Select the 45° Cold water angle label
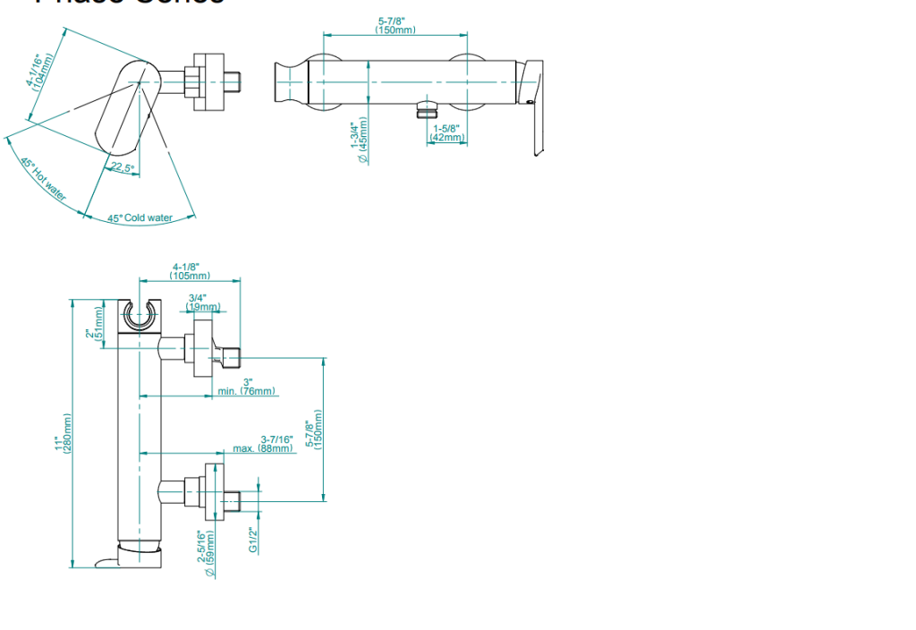[x=140, y=217]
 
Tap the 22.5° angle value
[x=122, y=168]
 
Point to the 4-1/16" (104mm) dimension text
[x=39, y=71]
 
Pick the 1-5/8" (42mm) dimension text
[x=446, y=133]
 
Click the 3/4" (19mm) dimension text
[x=202, y=302]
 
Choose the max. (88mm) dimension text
[x=264, y=444]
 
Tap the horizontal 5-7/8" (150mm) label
[x=395, y=25]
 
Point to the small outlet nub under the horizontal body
[x=423, y=111]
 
